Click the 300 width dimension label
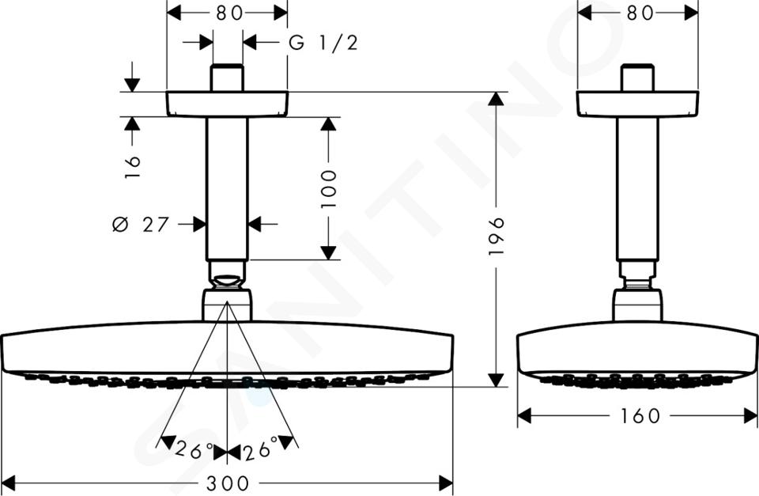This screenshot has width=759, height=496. [x=228, y=483]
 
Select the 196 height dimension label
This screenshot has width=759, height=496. [x=497, y=237]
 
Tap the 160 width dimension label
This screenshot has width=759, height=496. [x=639, y=415]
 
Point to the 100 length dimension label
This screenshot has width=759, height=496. [x=329, y=189]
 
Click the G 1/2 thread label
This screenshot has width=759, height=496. [x=323, y=43]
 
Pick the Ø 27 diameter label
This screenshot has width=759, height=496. [x=141, y=224]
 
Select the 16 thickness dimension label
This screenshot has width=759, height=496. [x=132, y=167]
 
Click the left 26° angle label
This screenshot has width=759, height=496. [x=194, y=450]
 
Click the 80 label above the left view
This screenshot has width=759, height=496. [x=229, y=13]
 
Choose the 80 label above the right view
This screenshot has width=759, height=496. [x=640, y=13]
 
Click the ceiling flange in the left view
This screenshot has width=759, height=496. [x=227, y=104]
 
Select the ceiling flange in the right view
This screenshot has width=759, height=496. [x=638, y=104]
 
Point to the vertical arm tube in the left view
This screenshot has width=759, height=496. [x=227, y=189]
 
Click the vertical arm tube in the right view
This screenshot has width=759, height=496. [x=637, y=189]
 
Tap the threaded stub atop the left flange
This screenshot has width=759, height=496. [x=227, y=78]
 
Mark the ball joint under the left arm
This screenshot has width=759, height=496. [x=227, y=282]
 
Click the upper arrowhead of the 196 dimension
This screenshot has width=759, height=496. [x=496, y=98]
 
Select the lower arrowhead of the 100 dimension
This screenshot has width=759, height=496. [x=329, y=252]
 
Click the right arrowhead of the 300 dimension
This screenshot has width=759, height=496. [x=445, y=483]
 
